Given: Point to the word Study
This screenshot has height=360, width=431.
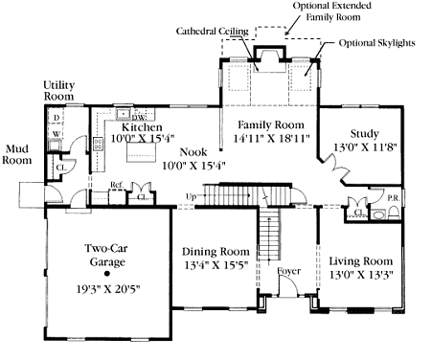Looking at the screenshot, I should click(x=364, y=133).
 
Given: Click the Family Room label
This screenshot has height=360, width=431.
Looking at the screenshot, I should click(x=272, y=125).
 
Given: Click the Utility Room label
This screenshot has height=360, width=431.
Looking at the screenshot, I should click(x=59, y=92).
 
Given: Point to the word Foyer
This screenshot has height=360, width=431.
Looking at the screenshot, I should click(x=288, y=271).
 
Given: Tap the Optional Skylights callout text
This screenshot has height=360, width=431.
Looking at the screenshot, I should click(x=375, y=44).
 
